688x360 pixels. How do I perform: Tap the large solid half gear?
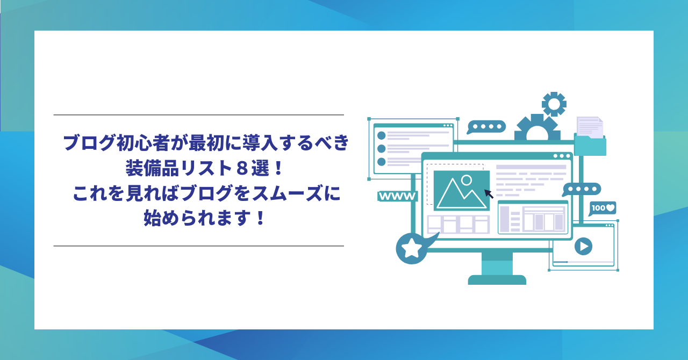[537, 127]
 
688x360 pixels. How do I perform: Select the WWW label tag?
[397, 196]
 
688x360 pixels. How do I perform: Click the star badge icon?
[412, 248]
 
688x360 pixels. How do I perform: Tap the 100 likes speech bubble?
[603, 208]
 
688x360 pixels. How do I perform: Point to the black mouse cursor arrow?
[489, 194]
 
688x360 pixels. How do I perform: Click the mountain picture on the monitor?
[461, 190]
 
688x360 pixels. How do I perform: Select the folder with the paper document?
[590, 136]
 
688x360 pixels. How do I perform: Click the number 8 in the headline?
[242, 168]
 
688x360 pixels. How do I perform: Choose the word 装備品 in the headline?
[152, 168]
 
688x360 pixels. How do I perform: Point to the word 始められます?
[196, 218]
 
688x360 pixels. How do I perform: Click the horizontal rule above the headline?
[199, 115]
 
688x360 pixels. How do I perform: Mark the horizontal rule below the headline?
[199, 246]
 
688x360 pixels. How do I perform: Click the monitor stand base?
[497, 280]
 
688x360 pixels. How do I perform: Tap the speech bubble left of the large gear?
[486, 127]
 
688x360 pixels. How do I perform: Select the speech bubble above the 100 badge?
[582, 190]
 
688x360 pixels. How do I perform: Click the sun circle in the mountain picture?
[467, 180]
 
